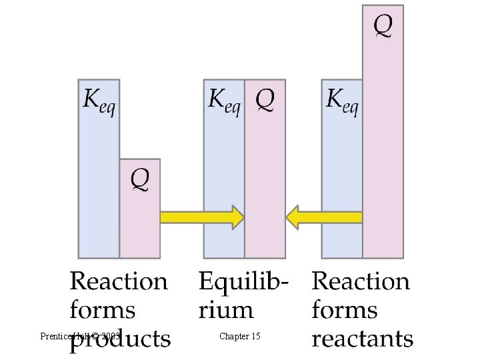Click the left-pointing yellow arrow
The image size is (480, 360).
324,217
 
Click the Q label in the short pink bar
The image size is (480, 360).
140,178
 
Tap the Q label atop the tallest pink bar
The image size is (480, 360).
383,26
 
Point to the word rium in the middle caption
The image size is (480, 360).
226,310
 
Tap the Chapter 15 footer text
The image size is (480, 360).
239,336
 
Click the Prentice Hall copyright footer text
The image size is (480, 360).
80,336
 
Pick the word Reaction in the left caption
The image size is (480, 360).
119,281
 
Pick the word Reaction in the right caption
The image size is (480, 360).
361,281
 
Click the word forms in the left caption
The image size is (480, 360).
103,310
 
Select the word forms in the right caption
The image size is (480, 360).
345,310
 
